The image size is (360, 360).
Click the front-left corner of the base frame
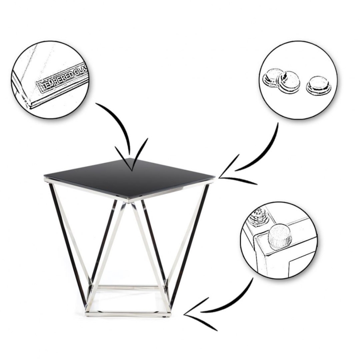pyautogui.click(x=87, y=312)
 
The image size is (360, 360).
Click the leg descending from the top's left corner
pyautogui.click(x=68, y=245)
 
